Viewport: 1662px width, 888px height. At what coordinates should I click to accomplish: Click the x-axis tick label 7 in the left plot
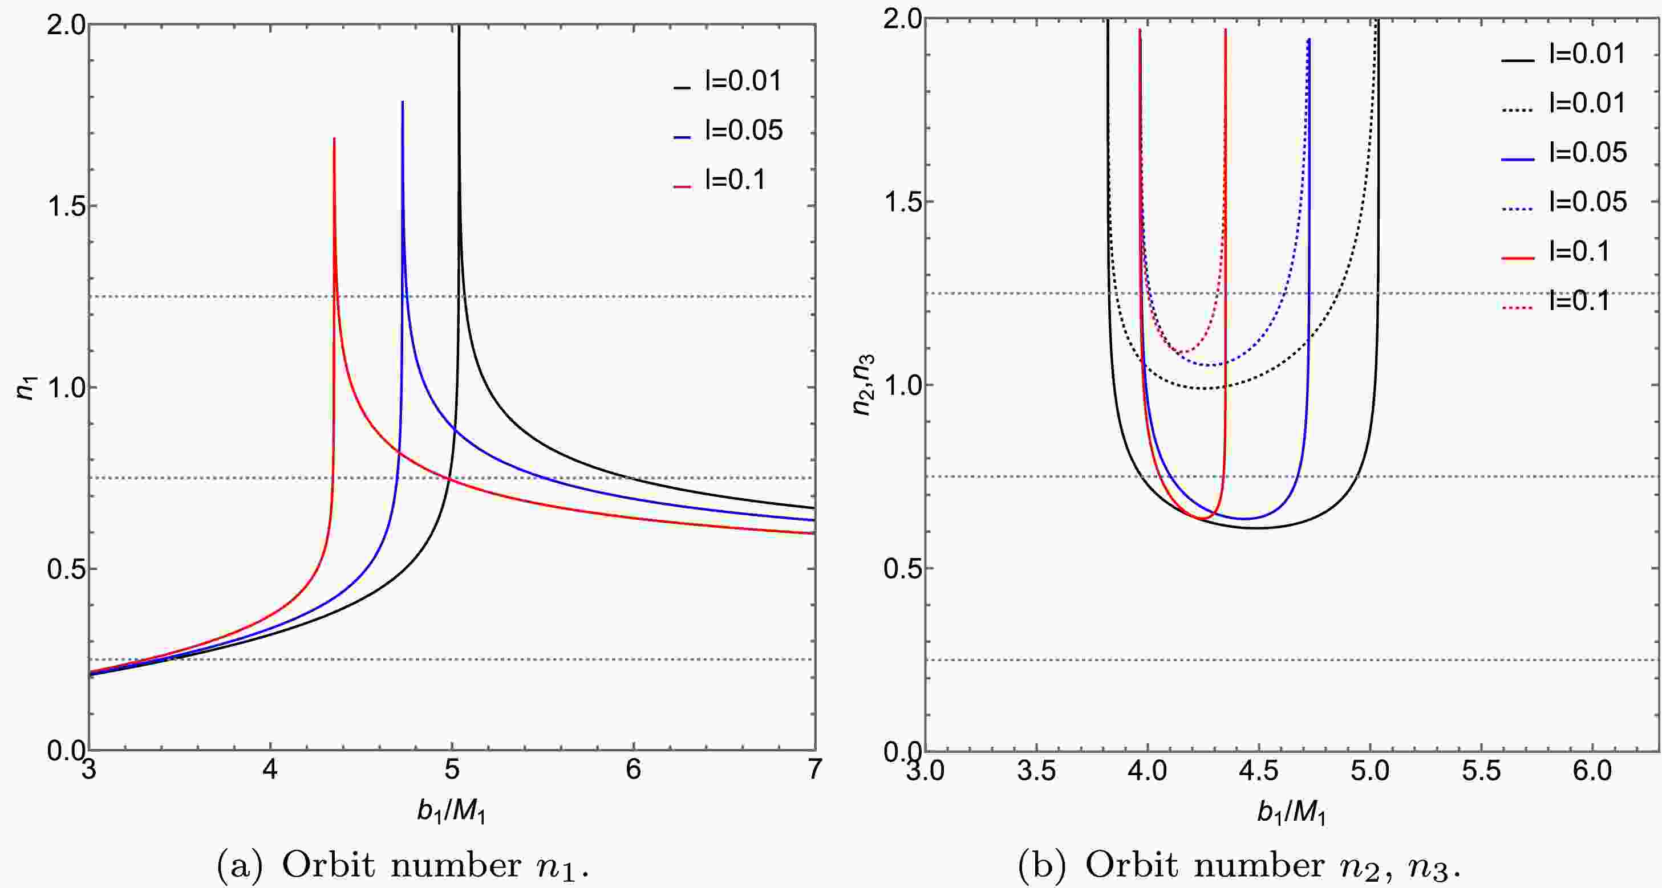[x=814, y=770]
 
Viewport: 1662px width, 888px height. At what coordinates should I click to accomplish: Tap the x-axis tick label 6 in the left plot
[x=634, y=770]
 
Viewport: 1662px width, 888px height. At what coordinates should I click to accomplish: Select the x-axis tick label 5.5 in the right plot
[x=1481, y=771]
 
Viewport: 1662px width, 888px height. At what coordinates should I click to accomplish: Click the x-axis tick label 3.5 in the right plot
[x=1036, y=771]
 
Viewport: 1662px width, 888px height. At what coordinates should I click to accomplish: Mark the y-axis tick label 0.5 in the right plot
[x=899, y=569]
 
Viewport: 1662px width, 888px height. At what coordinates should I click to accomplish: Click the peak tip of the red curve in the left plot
[x=334, y=139]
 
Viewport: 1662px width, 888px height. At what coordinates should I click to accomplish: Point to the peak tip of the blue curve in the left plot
[x=403, y=102]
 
